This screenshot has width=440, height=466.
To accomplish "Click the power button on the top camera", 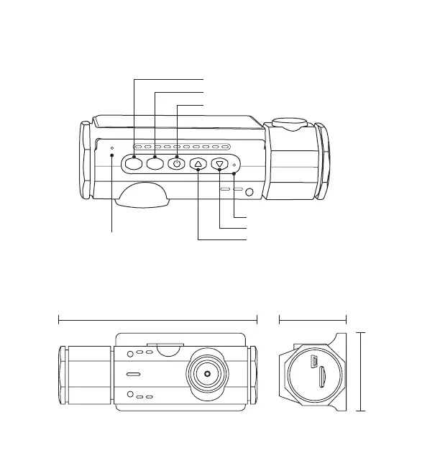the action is coord(177,164).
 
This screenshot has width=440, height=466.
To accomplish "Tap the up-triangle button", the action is coord(198,165).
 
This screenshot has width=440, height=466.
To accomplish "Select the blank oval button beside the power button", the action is coord(155,164).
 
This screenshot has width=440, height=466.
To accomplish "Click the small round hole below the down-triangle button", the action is coord(249,192).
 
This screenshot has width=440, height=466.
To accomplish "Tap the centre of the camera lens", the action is coord(207,374).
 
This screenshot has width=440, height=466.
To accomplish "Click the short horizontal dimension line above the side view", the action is coord(312,318).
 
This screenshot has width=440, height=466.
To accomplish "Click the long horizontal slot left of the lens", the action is coord(134,375).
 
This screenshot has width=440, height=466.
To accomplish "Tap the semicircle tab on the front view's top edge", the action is coord(168,349).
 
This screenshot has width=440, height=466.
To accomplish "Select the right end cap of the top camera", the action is coord(321,160).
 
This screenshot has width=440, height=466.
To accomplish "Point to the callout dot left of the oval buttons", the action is coord(112,155).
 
